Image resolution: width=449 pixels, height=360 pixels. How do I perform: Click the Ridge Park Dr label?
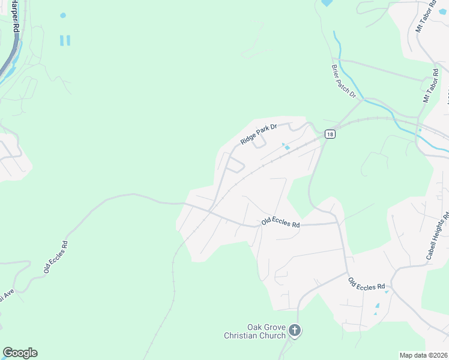pyautogui.click(x=258, y=134)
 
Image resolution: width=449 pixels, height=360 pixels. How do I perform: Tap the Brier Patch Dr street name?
pyautogui.click(x=344, y=82)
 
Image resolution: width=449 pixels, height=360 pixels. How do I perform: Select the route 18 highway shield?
pyautogui.click(x=330, y=134)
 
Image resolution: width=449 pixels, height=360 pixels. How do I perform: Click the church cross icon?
pyautogui.click(x=294, y=329)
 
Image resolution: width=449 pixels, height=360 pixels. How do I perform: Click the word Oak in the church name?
pyautogui.click(x=256, y=326)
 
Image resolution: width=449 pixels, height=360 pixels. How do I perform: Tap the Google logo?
pyautogui.click(x=20, y=353)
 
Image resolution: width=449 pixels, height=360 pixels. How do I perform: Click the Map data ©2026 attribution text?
pyautogui.click(x=424, y=355)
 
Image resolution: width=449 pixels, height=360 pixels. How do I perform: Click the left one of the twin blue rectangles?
pyautogui.click(x=61, y=40)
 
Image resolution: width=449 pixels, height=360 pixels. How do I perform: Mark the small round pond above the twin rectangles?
pyautogui.click(x=63, y=15)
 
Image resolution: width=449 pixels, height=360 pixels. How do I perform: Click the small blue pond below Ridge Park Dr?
pyautogui.click(x=287, y=148)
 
